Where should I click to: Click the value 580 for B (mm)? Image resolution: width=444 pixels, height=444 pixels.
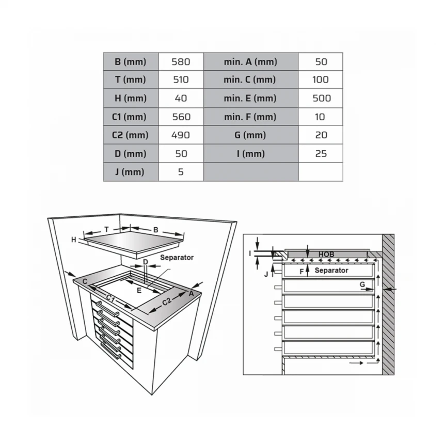[x=181, y=62]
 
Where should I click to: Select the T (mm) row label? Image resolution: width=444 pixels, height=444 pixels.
[x=130, y=80]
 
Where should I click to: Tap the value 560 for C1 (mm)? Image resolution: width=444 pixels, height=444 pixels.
[x=181, y=117]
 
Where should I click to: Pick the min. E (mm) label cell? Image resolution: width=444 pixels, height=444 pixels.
[x=250, y=98]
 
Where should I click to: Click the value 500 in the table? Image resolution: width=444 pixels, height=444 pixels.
[x=321, y=98]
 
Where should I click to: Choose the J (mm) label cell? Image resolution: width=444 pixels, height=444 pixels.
[x=130, y=172]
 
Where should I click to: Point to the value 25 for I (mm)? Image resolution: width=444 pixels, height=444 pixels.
[x=321, y=154]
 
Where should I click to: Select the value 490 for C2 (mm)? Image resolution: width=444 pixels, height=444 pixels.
[x=181, y=135]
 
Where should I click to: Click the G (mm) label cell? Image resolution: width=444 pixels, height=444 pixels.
[x=250, y=135]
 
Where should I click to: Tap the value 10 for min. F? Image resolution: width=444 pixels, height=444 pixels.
[x=321, y=117]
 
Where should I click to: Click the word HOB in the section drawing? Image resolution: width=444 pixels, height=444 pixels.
[x=326, y=255]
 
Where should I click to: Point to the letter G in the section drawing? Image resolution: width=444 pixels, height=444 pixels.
[x=363, y=284]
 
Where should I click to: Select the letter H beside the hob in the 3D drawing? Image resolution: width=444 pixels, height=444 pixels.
[x=74, y=240]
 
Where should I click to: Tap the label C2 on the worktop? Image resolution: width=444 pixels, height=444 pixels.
[x=167, y=301]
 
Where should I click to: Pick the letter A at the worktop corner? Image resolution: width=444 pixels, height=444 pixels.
[x=192, y=293]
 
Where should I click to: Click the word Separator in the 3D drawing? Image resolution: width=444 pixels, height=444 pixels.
[x=176, y=257]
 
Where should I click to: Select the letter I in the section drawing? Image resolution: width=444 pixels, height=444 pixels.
[x=250, y=253]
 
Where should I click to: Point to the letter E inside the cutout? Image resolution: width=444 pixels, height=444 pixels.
[x=139, y=290]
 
